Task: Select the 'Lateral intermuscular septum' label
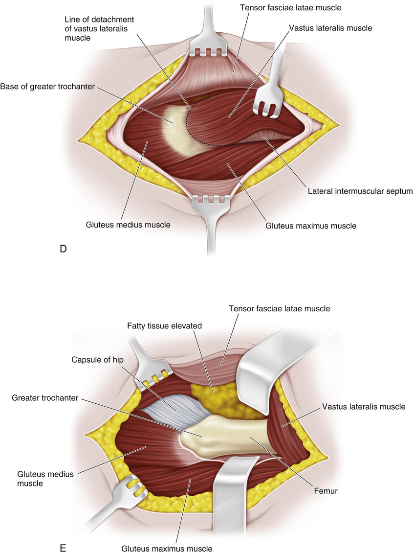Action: pos(360,191)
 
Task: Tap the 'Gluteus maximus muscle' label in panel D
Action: pos(311,226)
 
